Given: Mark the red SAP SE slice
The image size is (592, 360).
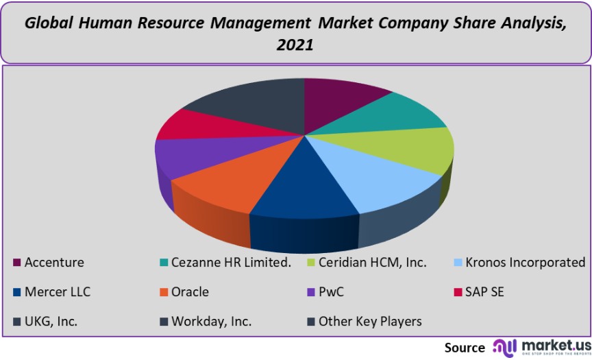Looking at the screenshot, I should (199, 123).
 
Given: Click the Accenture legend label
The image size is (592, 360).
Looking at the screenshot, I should (54, 263).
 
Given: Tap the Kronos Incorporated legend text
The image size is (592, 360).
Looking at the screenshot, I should (525, 263).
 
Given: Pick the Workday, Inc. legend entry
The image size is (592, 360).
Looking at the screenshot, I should (212, 321).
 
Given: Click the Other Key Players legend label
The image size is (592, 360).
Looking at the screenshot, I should (370, 321).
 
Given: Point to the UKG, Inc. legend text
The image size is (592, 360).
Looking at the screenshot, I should (51, 321).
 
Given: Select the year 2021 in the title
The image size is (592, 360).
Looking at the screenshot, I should (295, 45).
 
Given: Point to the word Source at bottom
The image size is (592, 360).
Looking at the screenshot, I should (465, 347).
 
